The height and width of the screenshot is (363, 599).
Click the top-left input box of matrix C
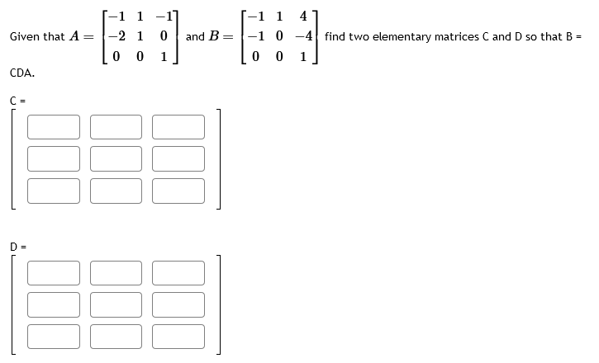click(x=54, y=126)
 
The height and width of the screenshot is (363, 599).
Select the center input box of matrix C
click(x=116, y=158)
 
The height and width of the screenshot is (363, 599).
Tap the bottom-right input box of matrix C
click(x=178, y=189)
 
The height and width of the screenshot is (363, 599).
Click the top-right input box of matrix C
click(x=178, y=126)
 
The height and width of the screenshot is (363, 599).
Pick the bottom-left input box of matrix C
click(x=54, y=189)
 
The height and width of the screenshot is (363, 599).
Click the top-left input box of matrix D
click(x=54, y=273)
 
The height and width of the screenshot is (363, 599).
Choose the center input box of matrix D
click(x=116, y=304)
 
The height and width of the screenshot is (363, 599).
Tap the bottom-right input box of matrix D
click(x=178, y=336)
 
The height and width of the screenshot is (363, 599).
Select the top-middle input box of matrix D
click(x=116, y=273)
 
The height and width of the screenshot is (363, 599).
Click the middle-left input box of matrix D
click(x=54, y=304)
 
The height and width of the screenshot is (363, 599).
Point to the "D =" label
click(x=16, y=246)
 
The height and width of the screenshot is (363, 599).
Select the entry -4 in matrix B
click(x=306, y=37)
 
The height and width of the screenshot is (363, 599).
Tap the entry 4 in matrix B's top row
click(x=307, y=16)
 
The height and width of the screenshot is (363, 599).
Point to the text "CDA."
click(x=22, y=73)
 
